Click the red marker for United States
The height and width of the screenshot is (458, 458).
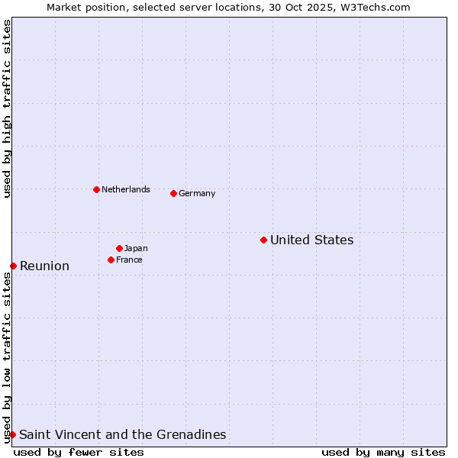click(x=263, y=240)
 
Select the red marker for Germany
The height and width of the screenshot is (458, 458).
click(x=173, y=193)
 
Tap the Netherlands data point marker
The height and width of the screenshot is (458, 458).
click(x=96, y=189)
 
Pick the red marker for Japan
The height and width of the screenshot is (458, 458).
click(x=119, y=248)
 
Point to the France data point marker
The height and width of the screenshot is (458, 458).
click(x=111, y=260)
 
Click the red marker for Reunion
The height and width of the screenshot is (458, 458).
click(x=13, y=266)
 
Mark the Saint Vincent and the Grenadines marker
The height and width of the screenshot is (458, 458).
click(x=12, y=434)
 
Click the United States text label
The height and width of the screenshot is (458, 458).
click(x=311, y=240)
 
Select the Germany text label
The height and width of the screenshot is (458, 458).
click(x=197, y=193)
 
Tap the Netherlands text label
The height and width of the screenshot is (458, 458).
click(x=126, y=189)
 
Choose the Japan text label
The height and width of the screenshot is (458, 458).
click(x=136, y=248)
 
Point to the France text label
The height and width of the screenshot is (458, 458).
click(x=129, y=260)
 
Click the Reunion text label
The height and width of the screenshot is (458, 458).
click(x=44, y=266)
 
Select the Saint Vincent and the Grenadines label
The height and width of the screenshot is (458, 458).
click(x=122, y=434)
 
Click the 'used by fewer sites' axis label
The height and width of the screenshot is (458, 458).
click(x=79, y=452)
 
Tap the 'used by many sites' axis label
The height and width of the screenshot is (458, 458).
click(x=383, y=452)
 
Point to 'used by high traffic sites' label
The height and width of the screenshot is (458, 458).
click(x=7, y=108)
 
